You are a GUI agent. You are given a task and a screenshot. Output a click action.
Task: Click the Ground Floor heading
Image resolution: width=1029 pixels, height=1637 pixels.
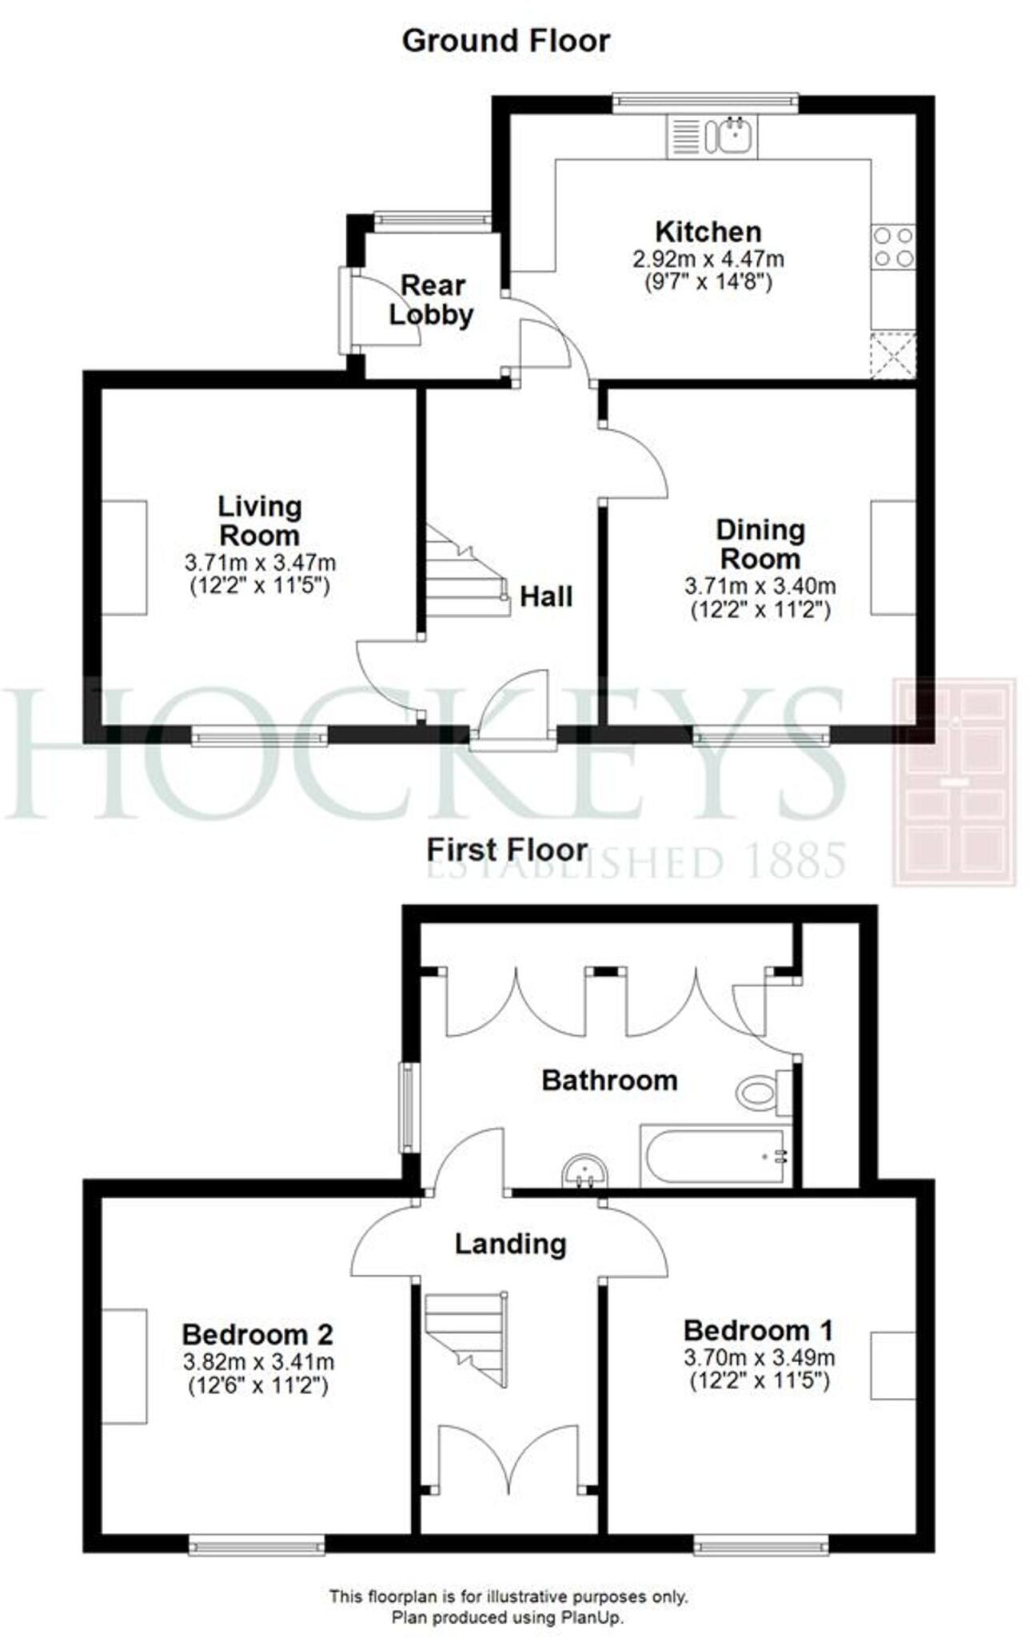pos(506,41)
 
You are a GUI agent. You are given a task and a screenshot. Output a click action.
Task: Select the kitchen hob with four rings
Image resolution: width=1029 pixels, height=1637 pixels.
pos(893,247)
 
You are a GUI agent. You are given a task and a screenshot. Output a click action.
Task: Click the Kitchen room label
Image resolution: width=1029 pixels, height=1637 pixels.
pos(708,232)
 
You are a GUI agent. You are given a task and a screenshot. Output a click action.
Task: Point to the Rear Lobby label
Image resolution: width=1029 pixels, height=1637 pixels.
pos(432,300)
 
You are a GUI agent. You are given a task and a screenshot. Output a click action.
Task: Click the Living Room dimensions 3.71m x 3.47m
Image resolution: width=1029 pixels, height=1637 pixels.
pos(260,563)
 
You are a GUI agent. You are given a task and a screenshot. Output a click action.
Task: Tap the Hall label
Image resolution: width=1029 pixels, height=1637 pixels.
pos(546,596)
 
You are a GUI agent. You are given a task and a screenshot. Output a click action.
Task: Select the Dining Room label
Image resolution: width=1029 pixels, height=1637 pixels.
pos(760,544)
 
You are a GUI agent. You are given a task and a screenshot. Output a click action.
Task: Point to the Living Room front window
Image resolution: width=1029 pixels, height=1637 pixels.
pos(259,735)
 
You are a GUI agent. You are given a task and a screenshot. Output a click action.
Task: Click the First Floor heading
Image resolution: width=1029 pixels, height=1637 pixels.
pos(507,850)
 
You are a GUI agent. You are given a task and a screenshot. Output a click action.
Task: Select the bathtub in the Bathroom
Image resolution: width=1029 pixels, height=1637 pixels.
pos(715,1156)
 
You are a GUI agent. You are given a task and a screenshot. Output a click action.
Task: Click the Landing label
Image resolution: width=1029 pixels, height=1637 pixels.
pos(510,1244)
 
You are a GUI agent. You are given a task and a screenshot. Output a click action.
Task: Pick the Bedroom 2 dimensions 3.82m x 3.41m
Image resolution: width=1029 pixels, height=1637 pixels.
pos(258,1362)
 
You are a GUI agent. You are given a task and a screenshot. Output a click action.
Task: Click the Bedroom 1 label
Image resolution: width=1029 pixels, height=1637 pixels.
pos(758,1331)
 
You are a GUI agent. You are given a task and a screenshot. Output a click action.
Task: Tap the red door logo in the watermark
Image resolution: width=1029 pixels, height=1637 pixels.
pos(954,781)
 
